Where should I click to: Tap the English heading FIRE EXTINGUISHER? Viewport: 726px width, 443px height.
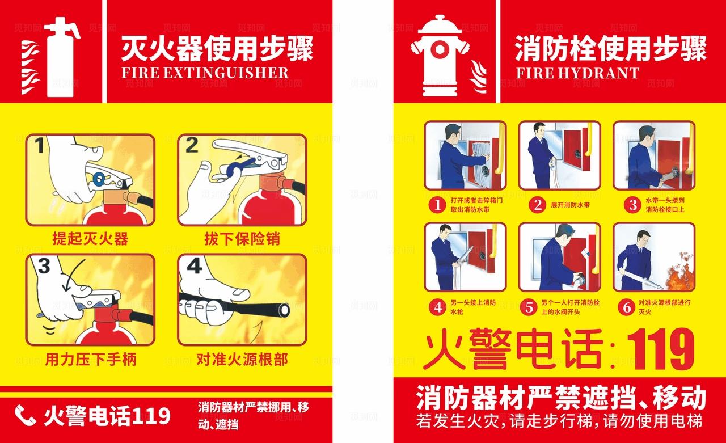(205, 73)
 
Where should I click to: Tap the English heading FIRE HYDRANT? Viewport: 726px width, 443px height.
(577, 73)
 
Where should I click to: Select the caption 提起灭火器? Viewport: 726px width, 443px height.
(90, 238)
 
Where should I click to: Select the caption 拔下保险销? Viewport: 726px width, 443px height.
(242, 238)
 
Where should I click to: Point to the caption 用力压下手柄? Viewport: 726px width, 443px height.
(91, 359)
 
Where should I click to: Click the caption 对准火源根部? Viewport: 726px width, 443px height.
(242, 359)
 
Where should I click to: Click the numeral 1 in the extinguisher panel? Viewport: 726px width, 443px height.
(39, 147)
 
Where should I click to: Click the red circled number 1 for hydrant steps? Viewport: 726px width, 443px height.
(437, 205)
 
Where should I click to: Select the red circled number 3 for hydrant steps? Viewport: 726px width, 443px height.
(632, 205)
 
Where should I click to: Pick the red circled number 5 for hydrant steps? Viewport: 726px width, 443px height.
(529, 307)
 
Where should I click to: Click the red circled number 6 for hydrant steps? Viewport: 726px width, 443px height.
(627, 307)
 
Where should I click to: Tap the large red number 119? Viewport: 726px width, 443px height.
(660, 350)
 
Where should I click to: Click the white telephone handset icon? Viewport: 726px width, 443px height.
(25, 416)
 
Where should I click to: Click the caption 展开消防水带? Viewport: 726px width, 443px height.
(570, 205)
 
